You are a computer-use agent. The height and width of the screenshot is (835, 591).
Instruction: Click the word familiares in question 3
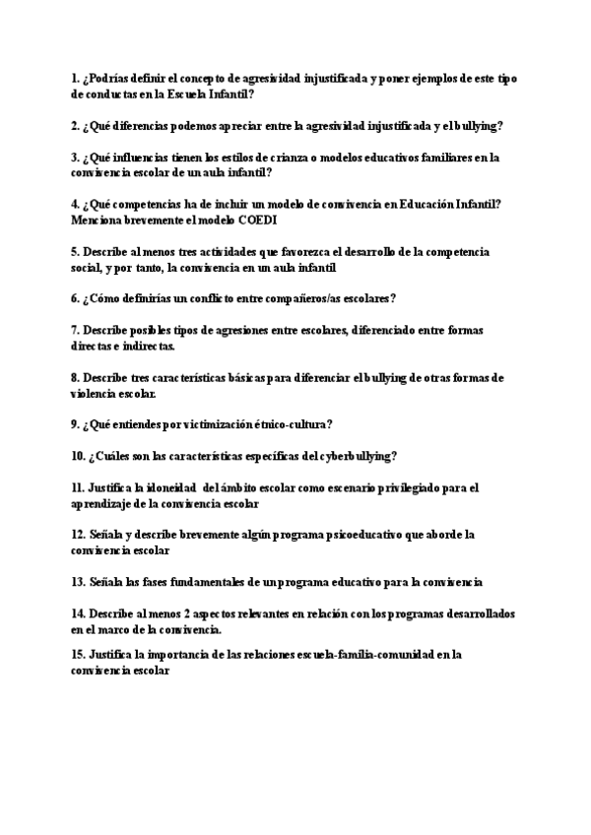(447, 157)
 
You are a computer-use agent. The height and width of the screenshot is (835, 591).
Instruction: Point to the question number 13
(78, 582)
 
